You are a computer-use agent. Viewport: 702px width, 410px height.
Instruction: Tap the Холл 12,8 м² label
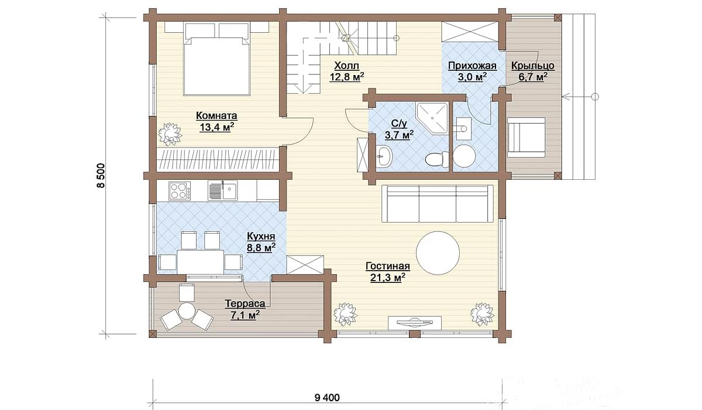coord(346,71)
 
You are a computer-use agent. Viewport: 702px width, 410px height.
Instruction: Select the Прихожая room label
coord(472,66)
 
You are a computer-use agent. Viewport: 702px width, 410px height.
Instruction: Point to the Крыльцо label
coord(533,66)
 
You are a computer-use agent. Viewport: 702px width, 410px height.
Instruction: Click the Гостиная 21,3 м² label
coord(388,272)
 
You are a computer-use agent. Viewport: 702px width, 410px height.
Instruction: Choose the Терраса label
coord(245,303)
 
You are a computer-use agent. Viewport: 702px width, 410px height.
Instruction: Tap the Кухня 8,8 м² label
coord(261,242)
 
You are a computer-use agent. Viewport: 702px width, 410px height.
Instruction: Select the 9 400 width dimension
coord(326,398)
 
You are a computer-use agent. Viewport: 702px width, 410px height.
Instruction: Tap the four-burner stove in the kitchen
coord(180,191)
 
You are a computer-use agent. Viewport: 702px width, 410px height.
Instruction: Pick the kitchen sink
coord(222,190)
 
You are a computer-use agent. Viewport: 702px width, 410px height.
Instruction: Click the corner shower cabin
coord(432,118)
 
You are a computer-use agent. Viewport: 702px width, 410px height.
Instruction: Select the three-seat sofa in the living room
coord(438,204)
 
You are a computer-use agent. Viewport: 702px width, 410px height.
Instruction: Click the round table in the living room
coord(438,253)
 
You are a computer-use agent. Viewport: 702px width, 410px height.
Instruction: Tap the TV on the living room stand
coord(415,322)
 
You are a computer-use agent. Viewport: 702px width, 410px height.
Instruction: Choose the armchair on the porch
coord(526,137)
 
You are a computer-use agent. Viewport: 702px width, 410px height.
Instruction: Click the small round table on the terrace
coord(187,311)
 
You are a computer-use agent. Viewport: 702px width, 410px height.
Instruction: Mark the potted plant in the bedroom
coord(170,134)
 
